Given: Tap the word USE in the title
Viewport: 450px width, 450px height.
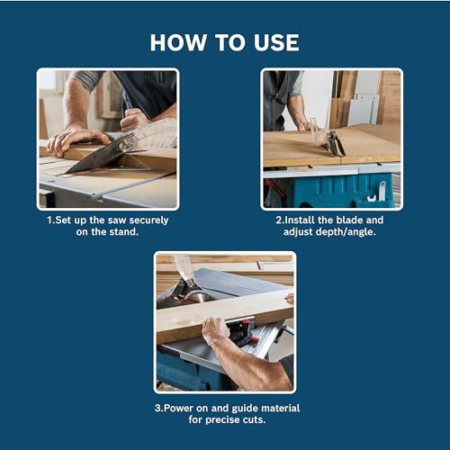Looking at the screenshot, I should point(272,42).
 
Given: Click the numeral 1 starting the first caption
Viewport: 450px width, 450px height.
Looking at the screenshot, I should point(49,220).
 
